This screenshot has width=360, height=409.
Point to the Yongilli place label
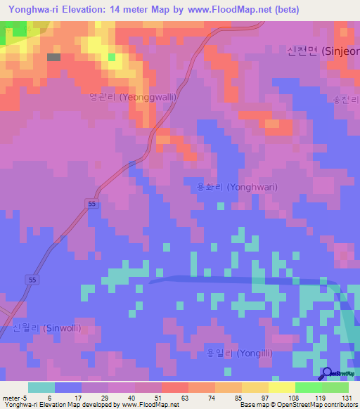tap(238, 353)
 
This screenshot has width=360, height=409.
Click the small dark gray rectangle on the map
tap(53, 57)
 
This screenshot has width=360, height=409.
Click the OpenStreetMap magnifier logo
tap(328, 373)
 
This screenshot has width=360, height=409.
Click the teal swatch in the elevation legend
tap(41, 387)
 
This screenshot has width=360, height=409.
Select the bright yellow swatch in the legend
tap(282, 387)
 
